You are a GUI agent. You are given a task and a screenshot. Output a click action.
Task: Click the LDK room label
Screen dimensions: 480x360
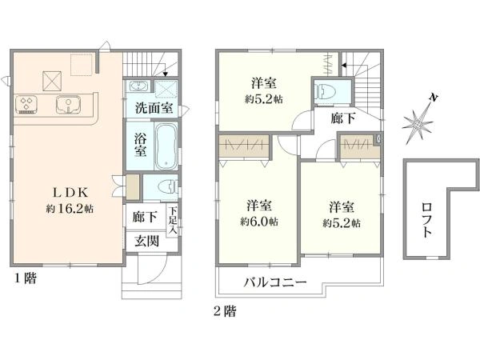click(x=71, y=193)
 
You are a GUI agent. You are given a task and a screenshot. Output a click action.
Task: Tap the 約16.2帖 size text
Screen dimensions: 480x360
click(x=70, y=209)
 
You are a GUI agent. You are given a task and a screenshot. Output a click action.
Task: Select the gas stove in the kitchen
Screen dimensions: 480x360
click(x=26, y=104)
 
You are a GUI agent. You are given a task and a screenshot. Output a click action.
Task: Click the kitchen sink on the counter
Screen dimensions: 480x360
click(x=68, y=104)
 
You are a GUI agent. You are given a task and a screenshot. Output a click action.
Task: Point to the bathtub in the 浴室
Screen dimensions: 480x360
click(x=166, y=146)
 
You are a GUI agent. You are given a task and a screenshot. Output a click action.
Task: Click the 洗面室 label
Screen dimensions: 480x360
click(x=154, y=108)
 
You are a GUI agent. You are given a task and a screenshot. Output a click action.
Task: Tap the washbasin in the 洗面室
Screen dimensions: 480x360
click(x=139, y=86)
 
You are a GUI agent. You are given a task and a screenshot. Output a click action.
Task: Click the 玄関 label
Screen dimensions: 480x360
click(x=147, y=242)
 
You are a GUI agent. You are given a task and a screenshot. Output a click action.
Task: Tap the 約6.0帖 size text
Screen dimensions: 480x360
click(x=259, y=222)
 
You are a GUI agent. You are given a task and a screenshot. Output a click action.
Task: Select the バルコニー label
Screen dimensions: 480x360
click(x=275, y=282)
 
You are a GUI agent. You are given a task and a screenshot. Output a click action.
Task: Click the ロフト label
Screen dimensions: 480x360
click(x=426, y=220)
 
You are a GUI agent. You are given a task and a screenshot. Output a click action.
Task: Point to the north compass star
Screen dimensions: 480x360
click(x=418, y=124)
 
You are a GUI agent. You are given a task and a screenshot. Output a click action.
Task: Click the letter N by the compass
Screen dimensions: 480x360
click(x=433, y=98)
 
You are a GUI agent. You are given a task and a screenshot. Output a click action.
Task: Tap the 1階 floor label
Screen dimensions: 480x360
click(x=26, y=278)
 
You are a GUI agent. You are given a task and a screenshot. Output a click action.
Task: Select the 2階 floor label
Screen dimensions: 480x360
click(x=225, y=312)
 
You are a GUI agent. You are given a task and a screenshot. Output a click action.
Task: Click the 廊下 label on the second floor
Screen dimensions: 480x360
click(x=343, y=118)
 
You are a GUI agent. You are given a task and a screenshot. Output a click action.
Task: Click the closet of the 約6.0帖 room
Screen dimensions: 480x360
click(x=244, y=146)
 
